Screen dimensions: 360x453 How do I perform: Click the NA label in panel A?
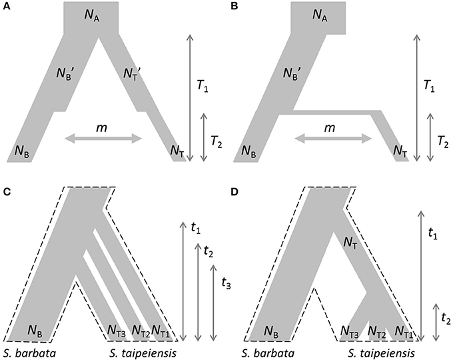coord(91,17)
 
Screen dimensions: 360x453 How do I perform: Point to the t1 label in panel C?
coord(195,229)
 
